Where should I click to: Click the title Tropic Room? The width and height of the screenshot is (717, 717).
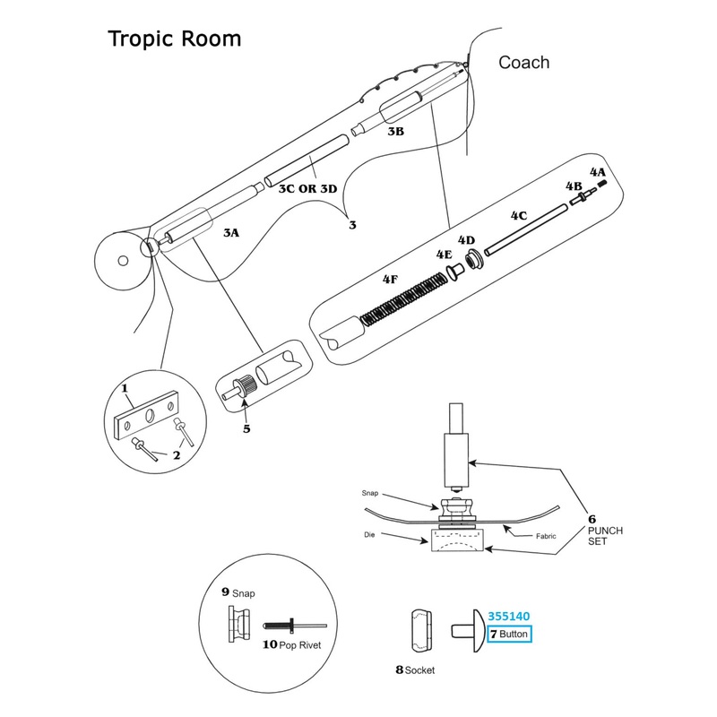coord(174,39)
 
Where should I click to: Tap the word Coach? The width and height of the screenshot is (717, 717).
coord(523,63)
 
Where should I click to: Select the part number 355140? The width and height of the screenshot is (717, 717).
coord(510,617)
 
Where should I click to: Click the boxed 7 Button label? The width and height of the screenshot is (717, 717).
coord(508,635)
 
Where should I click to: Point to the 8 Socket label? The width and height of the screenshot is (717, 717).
coord(415,669)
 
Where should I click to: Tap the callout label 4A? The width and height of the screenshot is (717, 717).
coord(598,170)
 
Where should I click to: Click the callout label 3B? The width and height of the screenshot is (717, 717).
coord(395,131)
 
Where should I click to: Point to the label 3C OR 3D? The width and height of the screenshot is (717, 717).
coord(307,189)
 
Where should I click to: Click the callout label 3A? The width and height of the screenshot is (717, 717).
coord(231,232)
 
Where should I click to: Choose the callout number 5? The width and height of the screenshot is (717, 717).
coord(246,428)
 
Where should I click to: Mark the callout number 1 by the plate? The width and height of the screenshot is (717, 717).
coord(126,390)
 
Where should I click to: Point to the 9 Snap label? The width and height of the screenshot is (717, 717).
coord(238,592)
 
